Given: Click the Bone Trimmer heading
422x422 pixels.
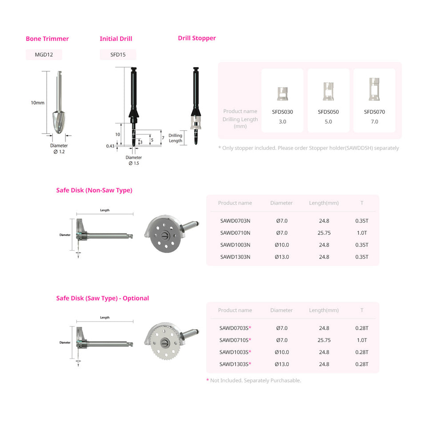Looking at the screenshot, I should point(47,39).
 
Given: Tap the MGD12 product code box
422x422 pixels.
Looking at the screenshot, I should point(44,55).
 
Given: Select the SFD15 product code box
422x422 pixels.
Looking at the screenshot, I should point(118,55).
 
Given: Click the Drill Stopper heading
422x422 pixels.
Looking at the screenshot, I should point(197,38).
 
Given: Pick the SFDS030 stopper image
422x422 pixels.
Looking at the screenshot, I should point(282,92).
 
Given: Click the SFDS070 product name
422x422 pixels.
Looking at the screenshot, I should point(374,112).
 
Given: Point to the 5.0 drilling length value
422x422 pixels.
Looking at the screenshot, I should point(328,121).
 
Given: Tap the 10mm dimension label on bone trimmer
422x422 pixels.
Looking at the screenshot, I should point(37,103).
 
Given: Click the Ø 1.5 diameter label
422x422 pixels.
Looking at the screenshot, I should point(134,163).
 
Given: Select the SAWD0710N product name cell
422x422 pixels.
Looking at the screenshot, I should point(235,233).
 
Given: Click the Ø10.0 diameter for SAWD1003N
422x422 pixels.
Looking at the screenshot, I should point(282,245).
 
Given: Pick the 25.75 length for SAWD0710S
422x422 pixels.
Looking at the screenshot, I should point(324,340).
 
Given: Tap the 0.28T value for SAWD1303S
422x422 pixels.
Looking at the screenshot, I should point(362,364).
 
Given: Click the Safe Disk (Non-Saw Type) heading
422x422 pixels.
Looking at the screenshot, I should point(94,190).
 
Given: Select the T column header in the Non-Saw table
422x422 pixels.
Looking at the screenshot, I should point(362,203).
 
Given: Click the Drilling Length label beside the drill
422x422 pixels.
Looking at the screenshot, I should point(175,138).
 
